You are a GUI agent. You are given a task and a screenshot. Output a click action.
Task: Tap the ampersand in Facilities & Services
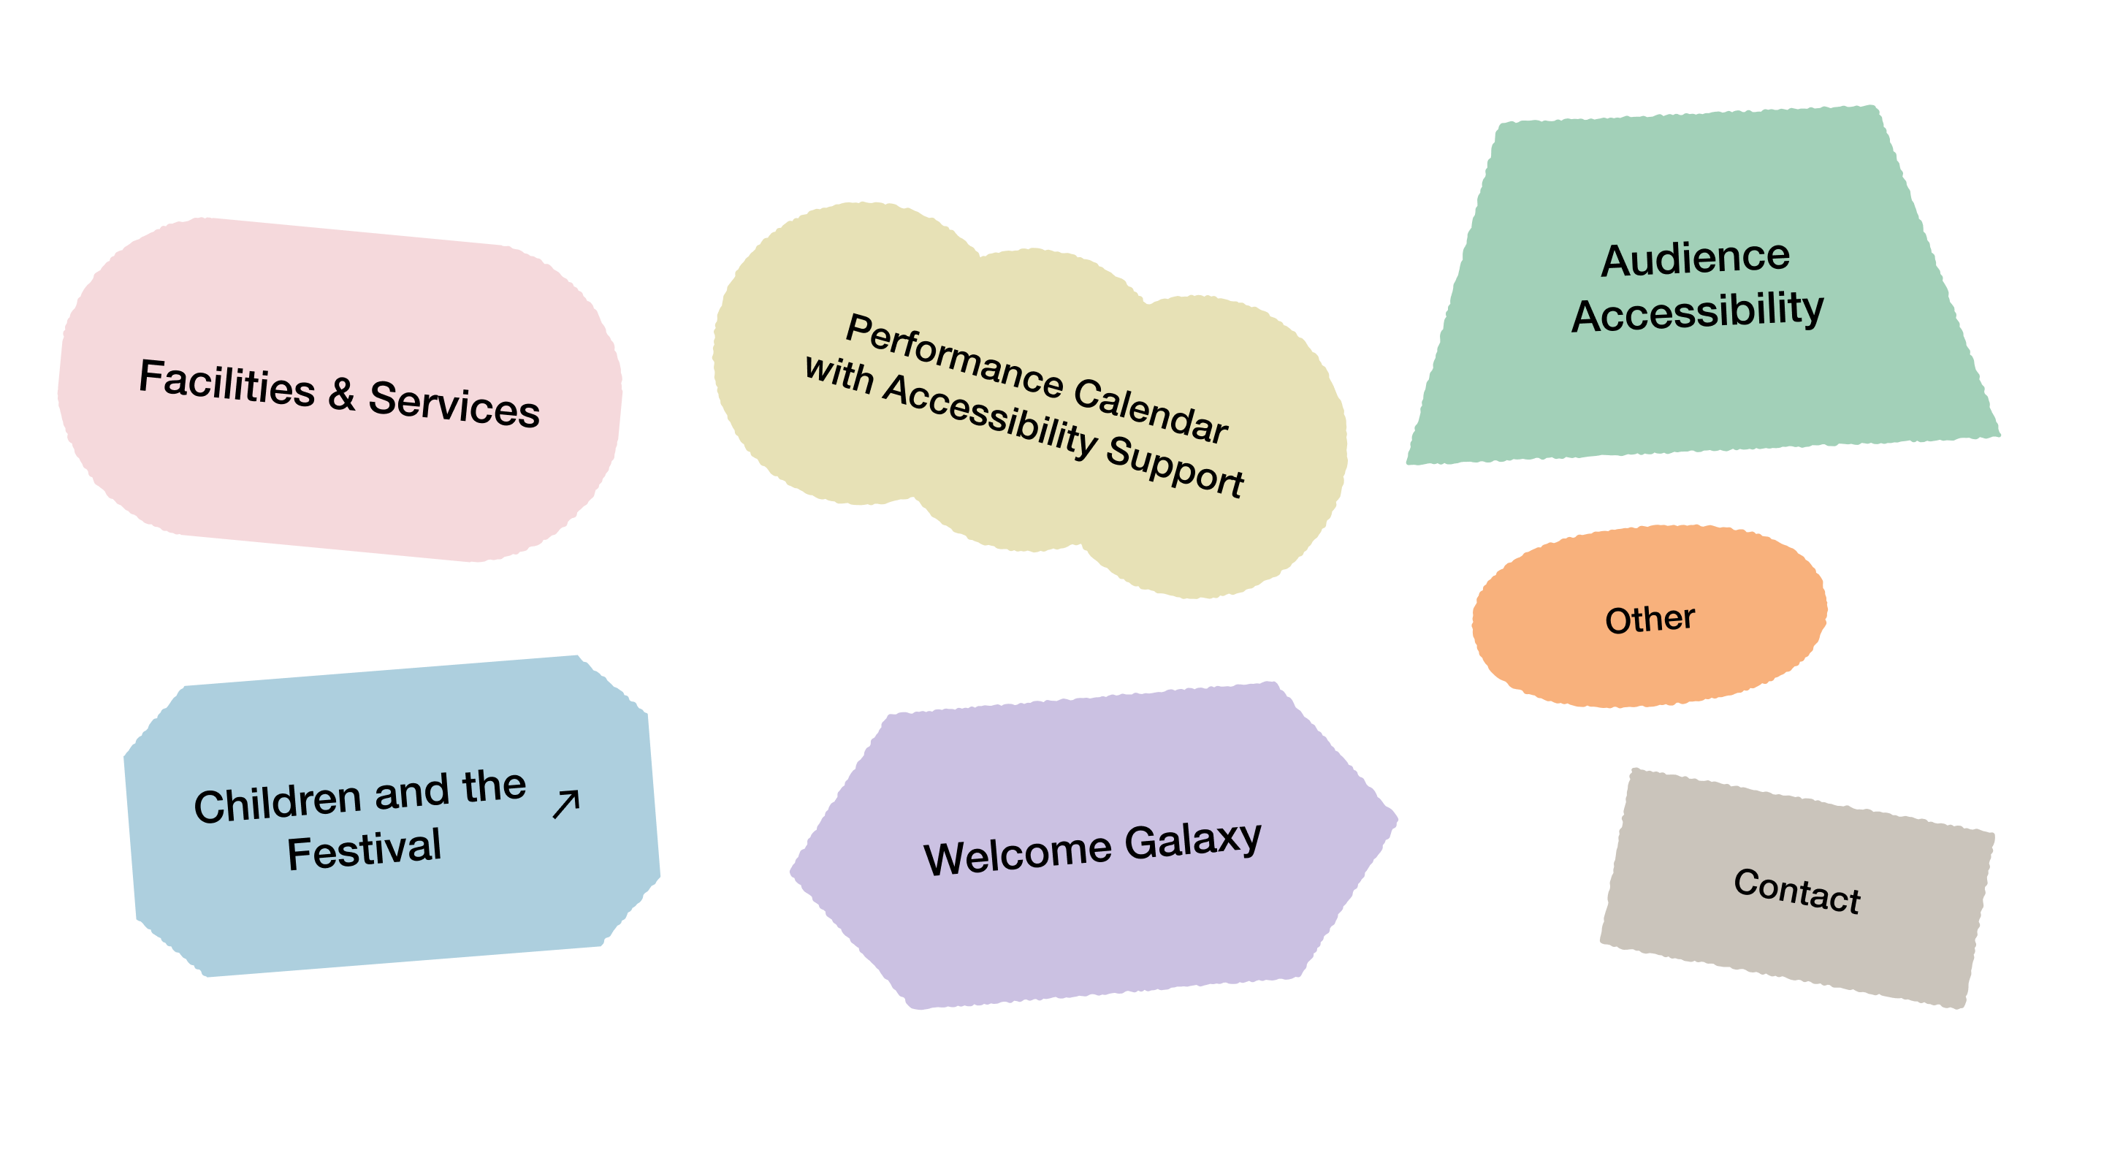tap(342, 394)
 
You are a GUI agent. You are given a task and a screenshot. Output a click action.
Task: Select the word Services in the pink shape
tap(454, 403)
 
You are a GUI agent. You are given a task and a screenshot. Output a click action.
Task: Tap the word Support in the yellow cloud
tap(1175, 465)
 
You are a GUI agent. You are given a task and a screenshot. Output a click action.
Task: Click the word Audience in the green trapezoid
tap(1696, 259)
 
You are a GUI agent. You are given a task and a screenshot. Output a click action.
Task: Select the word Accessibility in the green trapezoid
tap(1697, 312)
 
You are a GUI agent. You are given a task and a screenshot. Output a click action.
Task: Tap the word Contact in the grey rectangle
tap(1797, 891)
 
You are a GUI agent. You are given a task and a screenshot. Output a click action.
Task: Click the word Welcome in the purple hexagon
tap(1018, 856)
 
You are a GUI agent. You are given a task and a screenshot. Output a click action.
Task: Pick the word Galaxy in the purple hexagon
tap(1193, 841)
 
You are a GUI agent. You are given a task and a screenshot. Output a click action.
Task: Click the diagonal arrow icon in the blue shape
tap(566, 804)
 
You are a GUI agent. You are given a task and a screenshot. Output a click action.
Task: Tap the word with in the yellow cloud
tap(839, 375)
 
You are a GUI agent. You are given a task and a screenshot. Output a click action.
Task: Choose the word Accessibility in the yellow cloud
tap(990, 415)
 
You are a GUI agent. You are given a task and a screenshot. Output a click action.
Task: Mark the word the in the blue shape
tap(494, 786)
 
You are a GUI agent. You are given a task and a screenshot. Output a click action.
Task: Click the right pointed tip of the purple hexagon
tap(1398, 817)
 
